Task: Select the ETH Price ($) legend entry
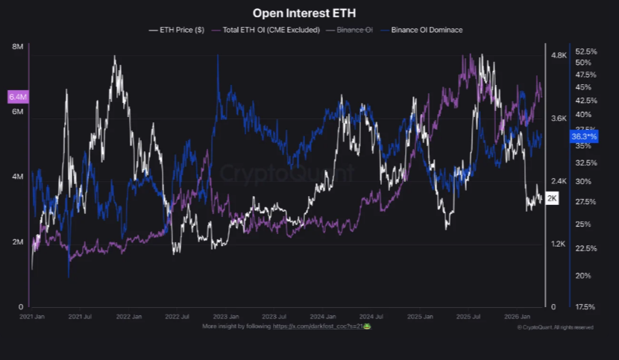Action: tap(177, 30)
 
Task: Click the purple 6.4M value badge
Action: tap(17, 97)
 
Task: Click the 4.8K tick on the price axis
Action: tap(559, 56)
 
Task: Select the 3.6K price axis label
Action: tap(559, 119)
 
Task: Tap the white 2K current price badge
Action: tap(553, 198)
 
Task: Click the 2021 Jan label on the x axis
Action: tap(31, 317)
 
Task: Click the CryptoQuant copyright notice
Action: tap(555, 326)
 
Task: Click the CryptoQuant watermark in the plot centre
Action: tap(287, 173)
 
